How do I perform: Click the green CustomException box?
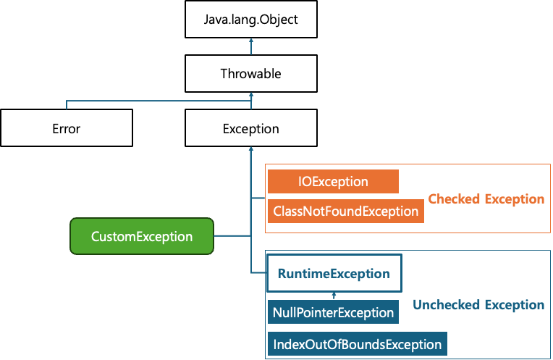142,236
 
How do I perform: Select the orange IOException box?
333,182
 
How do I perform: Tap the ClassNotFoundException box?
345,211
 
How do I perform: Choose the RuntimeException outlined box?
334,273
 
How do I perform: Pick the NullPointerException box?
333,313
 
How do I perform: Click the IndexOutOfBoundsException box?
357,343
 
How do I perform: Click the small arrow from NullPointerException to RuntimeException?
334,296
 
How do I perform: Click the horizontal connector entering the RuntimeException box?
258,273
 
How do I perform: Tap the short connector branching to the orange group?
258,197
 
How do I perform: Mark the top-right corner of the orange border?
550,164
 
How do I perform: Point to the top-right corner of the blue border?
550,251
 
